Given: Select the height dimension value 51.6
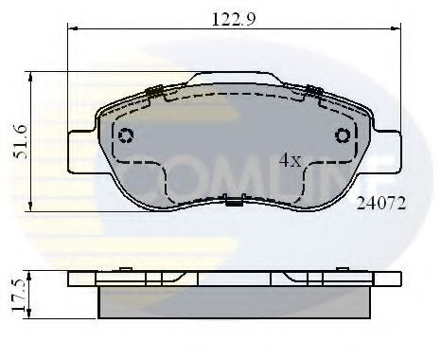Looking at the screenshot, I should point(17,140).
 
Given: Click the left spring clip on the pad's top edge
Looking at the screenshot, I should point(155,91).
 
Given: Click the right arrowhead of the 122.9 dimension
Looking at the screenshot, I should point(390,29).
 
